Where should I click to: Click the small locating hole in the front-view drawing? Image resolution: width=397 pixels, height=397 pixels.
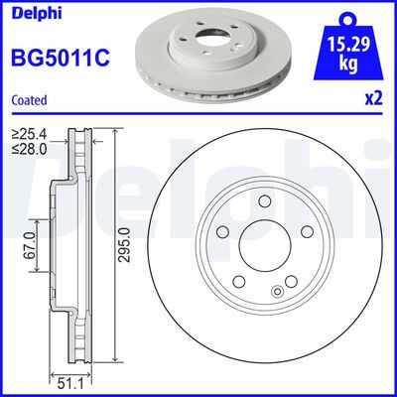click(276, 294)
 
